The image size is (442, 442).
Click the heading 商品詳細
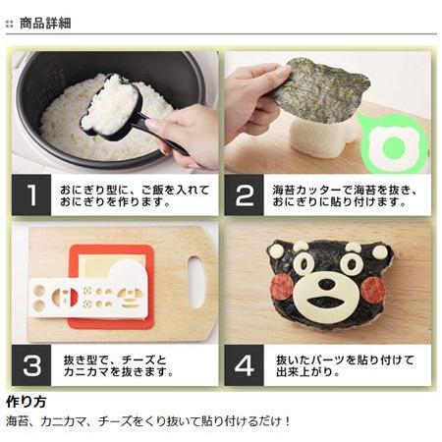click(45, 24)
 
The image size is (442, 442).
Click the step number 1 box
click(31, 194)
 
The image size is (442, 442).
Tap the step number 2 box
click(244, 194)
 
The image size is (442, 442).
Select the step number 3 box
click(31, 365)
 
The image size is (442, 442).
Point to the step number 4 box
click(244, 365)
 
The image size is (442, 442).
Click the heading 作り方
click(27, 402)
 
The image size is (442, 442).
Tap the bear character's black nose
click(326, 284)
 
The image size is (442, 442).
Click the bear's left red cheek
click(281, 286)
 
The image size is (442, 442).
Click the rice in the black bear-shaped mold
click(111, 104)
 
